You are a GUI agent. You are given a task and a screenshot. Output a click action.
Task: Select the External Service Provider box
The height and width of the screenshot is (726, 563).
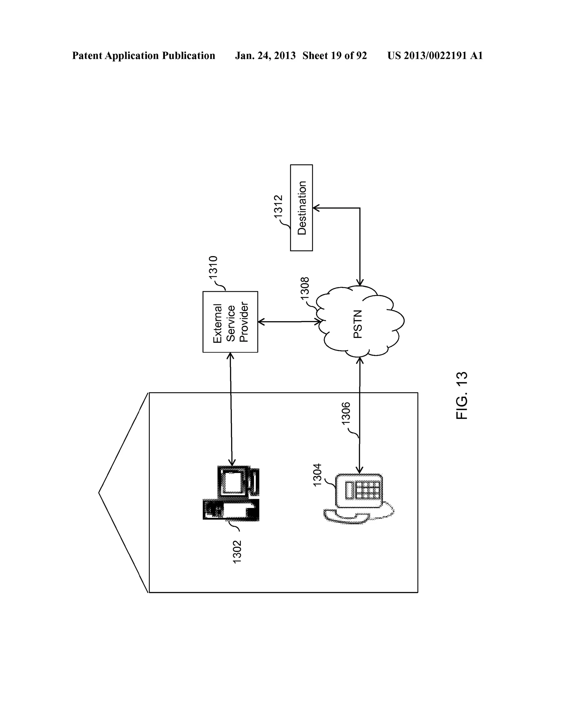coord(230,322)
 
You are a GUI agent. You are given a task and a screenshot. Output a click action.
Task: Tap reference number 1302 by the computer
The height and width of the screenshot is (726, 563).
coord(237,552)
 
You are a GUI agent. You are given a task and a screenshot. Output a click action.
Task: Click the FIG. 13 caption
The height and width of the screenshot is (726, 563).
coord(462,395)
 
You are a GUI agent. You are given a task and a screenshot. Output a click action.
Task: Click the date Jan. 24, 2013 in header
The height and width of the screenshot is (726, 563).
coord(265,56)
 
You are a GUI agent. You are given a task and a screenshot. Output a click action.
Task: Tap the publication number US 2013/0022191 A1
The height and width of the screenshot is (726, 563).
coord(435,56)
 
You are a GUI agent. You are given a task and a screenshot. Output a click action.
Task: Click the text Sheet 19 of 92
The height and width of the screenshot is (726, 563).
coord(334,56)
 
